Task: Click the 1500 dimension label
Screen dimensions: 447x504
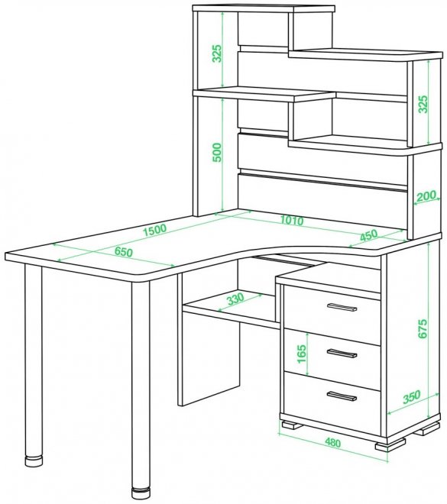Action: pos(154,230)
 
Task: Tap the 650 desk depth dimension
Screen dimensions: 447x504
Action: pos(124,252)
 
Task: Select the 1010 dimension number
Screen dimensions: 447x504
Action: pos(292,220)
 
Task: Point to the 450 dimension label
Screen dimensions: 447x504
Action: pos(368,235)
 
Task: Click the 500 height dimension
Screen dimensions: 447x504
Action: pos(218,153)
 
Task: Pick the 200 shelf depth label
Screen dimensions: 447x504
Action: pos(426,195)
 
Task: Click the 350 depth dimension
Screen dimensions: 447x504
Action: pos(412,396)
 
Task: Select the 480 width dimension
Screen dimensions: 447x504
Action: pos(332,443)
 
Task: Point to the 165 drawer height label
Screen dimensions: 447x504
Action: pos(302,354)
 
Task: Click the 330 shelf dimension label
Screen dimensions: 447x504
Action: pos(235,299)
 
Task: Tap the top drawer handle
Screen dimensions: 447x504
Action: pos(342,307)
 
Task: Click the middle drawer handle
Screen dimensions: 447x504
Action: pos(342,353)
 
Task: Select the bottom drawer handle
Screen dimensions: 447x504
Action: pos(342,396)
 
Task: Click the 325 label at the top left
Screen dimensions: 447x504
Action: pos(218,53)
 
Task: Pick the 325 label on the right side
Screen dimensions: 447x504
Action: pos(423,104)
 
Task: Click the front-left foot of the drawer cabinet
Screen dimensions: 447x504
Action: pos(292,425)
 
